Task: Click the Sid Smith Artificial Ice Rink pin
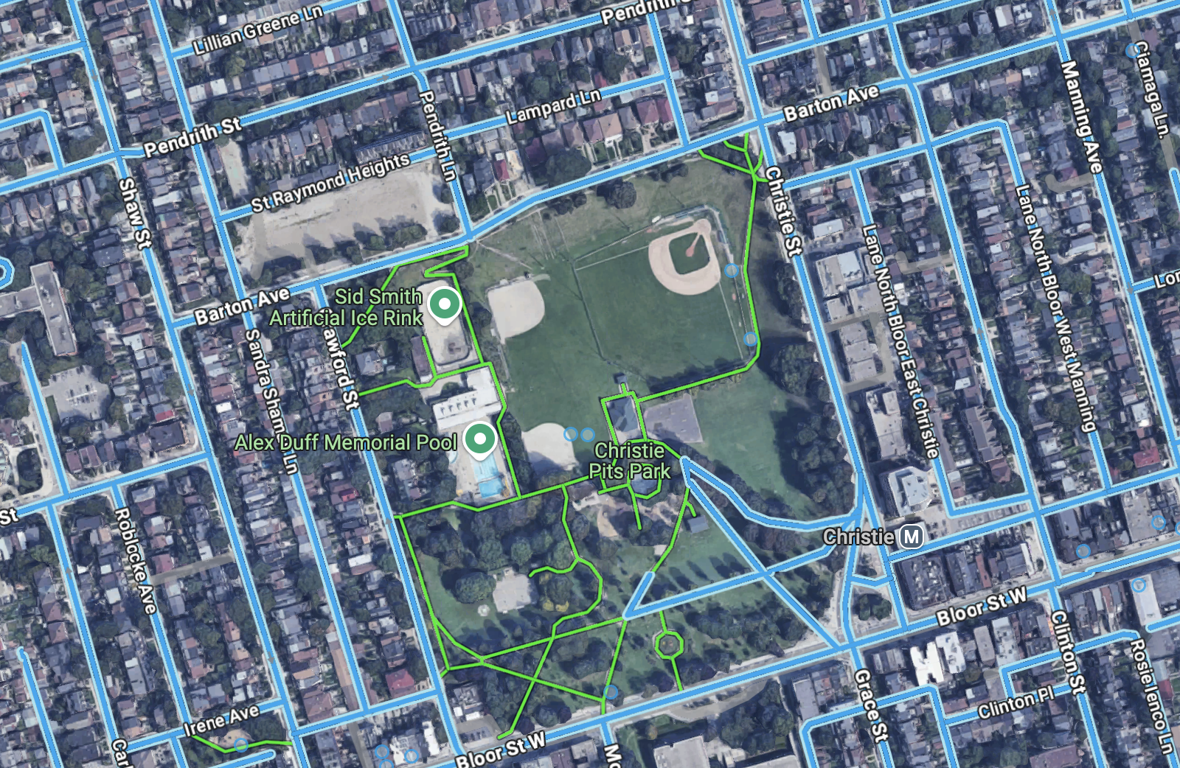coord(444,304)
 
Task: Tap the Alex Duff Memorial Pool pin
coord(480,440)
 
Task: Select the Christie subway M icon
coord(912,537)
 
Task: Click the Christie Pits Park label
coord(630,461)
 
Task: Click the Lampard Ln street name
coord(553,107)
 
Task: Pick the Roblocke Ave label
coord(135,560)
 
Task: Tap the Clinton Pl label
coord(1016,703)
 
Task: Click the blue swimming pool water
coord(490,486)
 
